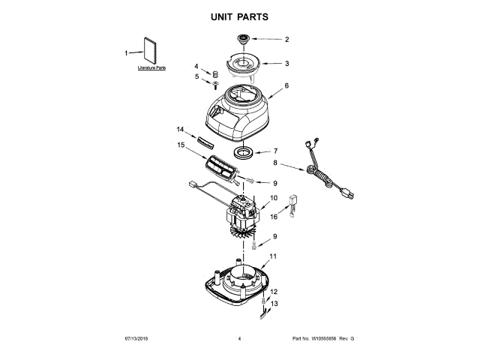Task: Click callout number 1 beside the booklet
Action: tap(127, 52)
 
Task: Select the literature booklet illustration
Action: tap(149, 51)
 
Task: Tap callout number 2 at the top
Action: tap(286, 39)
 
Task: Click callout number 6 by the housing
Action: tap(286, 85)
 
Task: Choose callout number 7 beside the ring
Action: tap(275, 151)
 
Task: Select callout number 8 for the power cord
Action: tap(275, 163)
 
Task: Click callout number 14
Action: tap(180, 128)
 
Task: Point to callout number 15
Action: tap(180, 145)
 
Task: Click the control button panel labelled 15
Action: tap(223, 168)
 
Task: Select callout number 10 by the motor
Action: tap(274, 199)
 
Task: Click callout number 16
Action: tap(274, 216)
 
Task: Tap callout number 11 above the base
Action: tap(274, 256)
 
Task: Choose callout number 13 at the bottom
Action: tap(274, 303)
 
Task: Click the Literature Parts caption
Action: tap(151, 68)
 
